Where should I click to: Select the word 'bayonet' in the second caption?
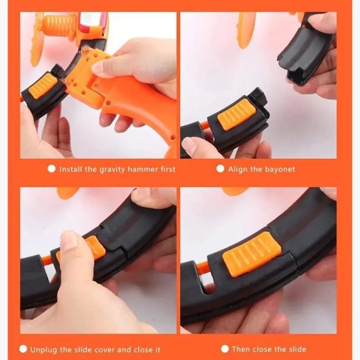(x=280, y=170)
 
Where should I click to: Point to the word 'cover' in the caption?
(x=104, y=350)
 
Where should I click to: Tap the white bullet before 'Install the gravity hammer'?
(x=52, y=169)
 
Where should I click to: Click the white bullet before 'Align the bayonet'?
(x=220, y=169)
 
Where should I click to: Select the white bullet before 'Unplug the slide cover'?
(x=23, y=349)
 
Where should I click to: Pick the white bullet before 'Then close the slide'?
(x=225, y=349)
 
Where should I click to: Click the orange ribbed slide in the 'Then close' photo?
(x=252, y=254)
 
